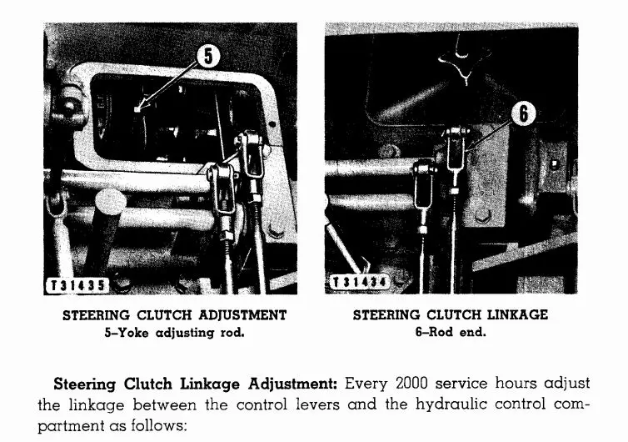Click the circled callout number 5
pos(208,56)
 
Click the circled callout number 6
pos(523,114)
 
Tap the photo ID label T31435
pos(77,285)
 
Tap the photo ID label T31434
pos(360,283)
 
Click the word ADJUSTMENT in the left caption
pos(242,315)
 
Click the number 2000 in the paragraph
pos(411,384)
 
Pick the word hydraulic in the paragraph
pos(451,404)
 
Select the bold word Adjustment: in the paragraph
pos(293,384)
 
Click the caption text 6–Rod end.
pos(451,332)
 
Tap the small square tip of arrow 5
pos(137,108)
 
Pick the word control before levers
pos(262,404)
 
